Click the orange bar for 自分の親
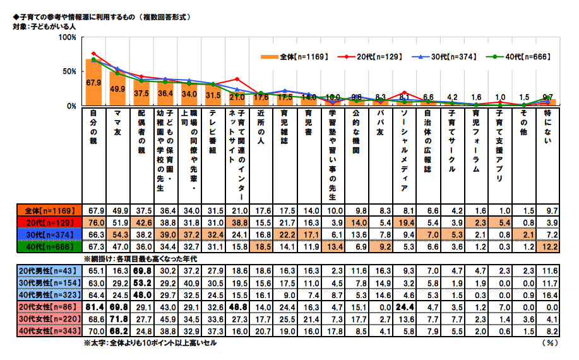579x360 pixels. [x=93, y=83]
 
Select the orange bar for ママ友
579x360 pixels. [x=117, y=88]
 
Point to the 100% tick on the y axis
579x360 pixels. [x=67, y=38]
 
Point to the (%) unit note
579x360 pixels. [x=549, y=343]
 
